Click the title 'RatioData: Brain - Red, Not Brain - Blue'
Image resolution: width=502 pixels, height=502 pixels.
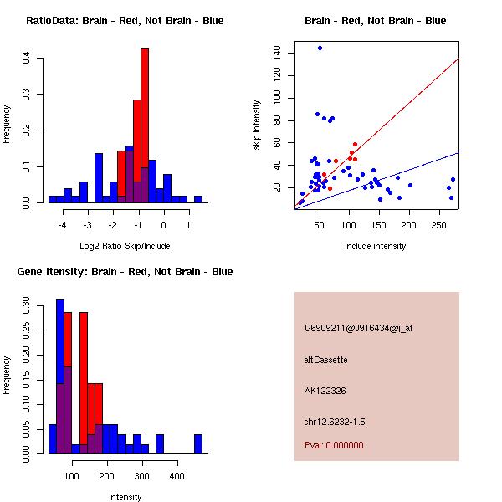point(125,21)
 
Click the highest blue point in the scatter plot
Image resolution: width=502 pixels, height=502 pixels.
point(320,48)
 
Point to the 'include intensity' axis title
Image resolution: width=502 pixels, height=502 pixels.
point(376,246)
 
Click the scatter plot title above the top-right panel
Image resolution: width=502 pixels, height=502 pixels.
point(376,21)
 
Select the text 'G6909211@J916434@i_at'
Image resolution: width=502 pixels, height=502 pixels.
point(359,328)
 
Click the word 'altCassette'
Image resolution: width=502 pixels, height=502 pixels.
point(326,360)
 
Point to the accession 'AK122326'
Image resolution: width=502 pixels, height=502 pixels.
point(325,390)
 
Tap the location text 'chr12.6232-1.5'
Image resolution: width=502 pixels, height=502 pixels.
point(335,420)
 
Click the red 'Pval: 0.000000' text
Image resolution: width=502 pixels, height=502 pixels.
point(334,445)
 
